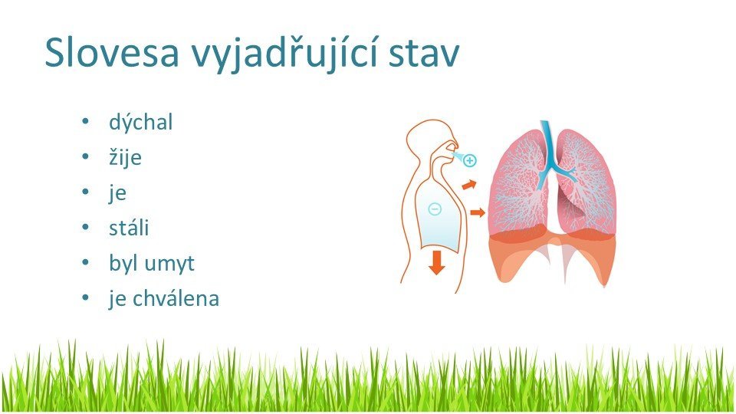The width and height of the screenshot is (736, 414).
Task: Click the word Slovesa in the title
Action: [x=112, y=52]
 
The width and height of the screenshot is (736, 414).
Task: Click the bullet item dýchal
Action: [x=141, y=122]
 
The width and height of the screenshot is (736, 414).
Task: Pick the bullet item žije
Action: [x=125, y=158]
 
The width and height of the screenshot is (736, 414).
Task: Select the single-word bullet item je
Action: [x=117, y=193]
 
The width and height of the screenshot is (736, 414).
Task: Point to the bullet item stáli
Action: [x=129, y=227]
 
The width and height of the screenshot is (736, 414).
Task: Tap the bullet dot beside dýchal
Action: [x=85, y=121]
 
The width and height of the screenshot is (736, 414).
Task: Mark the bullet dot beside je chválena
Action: [x=85, y=297]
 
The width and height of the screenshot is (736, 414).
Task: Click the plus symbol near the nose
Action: [x=469, y=160]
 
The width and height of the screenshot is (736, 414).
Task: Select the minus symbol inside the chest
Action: [x=435, y=209]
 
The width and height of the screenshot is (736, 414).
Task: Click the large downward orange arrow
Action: [x=436, y=263]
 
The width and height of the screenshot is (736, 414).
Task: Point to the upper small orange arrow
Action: [x=469, y=185]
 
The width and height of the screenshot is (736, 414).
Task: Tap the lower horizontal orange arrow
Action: [x=478, y=212]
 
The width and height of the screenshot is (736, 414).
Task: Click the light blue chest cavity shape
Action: [x=439, y=216]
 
